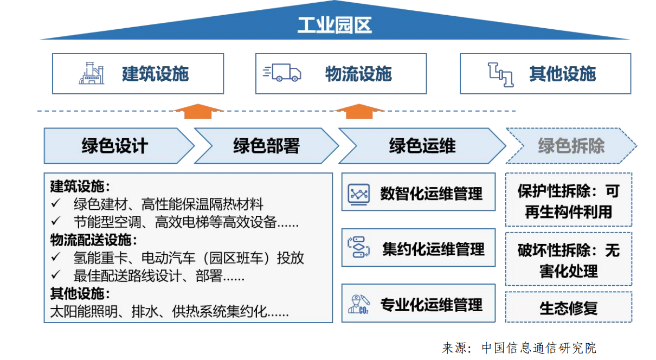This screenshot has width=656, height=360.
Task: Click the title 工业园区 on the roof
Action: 334,25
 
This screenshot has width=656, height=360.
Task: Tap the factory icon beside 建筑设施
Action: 92,74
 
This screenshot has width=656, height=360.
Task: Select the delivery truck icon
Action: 282,73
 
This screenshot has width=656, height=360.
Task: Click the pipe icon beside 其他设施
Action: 500,74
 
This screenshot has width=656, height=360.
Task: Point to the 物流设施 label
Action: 358,74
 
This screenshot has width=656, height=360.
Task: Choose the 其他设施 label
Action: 562,74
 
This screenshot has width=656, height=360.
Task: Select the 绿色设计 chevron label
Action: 114,146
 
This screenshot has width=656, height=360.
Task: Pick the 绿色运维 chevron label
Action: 422,146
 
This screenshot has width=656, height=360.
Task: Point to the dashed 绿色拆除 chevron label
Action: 570,146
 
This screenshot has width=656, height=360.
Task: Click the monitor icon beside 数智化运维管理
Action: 358,193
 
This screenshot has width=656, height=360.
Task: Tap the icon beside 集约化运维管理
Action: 358,248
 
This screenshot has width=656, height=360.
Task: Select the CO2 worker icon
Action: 358,304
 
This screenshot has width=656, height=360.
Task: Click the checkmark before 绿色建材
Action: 55,204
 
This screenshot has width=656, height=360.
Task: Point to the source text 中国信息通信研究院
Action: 539,348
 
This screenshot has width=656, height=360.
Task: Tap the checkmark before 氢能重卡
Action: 55,258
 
